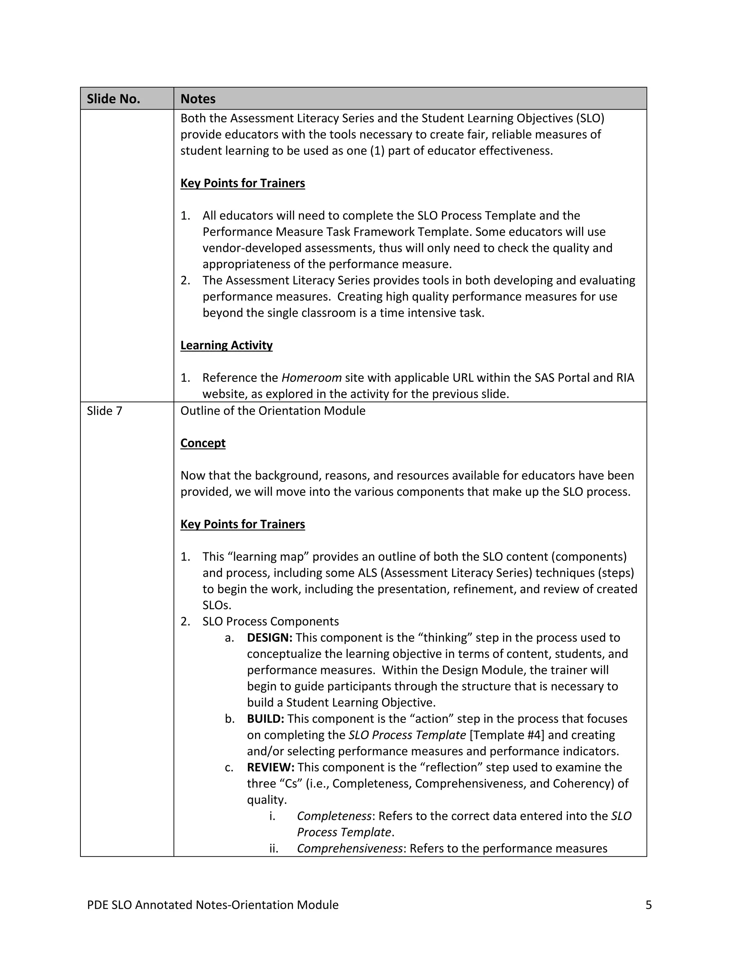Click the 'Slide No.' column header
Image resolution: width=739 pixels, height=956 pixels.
point(113,99)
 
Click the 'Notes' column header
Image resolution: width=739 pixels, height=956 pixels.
point(198,99)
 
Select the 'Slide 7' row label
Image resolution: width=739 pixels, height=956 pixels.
point(105,411)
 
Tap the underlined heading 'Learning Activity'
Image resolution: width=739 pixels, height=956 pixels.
point(226,345)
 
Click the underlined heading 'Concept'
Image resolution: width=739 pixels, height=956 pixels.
point(203,443)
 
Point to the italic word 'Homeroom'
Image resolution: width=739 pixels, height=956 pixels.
point(311,378)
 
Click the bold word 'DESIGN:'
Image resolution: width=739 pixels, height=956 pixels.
point(269,638)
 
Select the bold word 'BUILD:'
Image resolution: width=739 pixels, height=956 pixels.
point(265,719)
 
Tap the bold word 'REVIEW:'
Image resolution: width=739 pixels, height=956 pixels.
point(271,767)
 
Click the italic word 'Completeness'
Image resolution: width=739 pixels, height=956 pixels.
point(334,816)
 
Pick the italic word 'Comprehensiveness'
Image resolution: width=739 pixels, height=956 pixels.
point(349,848)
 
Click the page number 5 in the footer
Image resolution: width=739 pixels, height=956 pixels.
point(648,905)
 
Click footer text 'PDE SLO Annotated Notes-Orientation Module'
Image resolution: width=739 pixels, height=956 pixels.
point(213,905)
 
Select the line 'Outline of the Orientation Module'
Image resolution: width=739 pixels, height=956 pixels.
point(273,411)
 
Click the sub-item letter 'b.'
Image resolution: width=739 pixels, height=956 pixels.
point(230,719)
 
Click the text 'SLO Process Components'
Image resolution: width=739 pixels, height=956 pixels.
point(271,622)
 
